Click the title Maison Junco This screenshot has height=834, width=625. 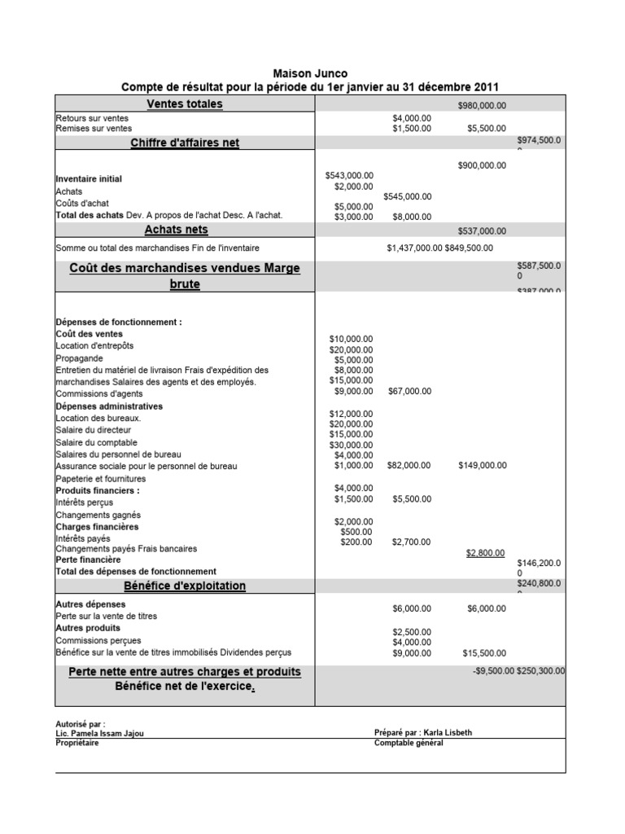[309, 73]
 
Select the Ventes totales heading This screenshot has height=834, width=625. [185, 104]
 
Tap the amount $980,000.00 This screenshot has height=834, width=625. [482, 105]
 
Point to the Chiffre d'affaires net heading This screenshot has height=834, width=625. [185, 143]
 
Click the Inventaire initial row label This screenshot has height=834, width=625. [89, 178]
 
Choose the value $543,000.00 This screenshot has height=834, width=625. [349, 175]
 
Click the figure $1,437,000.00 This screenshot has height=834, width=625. [414, 248]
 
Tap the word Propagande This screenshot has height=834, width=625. [79, 358]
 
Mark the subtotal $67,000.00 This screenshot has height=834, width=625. [410, 391]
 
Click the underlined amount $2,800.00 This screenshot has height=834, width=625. [485, 553]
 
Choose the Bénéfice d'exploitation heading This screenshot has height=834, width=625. [185, 586]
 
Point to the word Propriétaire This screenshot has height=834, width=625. [77, 743]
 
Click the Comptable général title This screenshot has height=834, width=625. [409, 743]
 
